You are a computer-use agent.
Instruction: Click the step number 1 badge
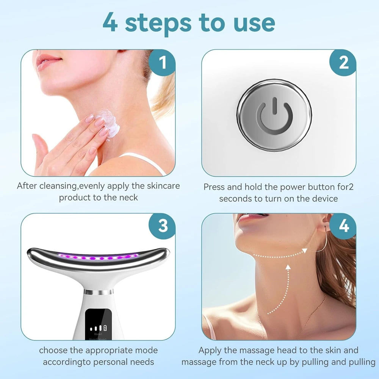[x=162, y=63]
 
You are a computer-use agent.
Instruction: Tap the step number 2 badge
[x=343, y=63]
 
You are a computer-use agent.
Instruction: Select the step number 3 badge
[x=162, y=226]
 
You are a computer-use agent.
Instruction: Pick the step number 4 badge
[x=343, y=226]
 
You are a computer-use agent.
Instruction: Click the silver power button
[x=274, y=114]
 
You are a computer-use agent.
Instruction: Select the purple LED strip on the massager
[x=98, y=258]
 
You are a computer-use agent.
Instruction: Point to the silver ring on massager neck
[x=98, y=292]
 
